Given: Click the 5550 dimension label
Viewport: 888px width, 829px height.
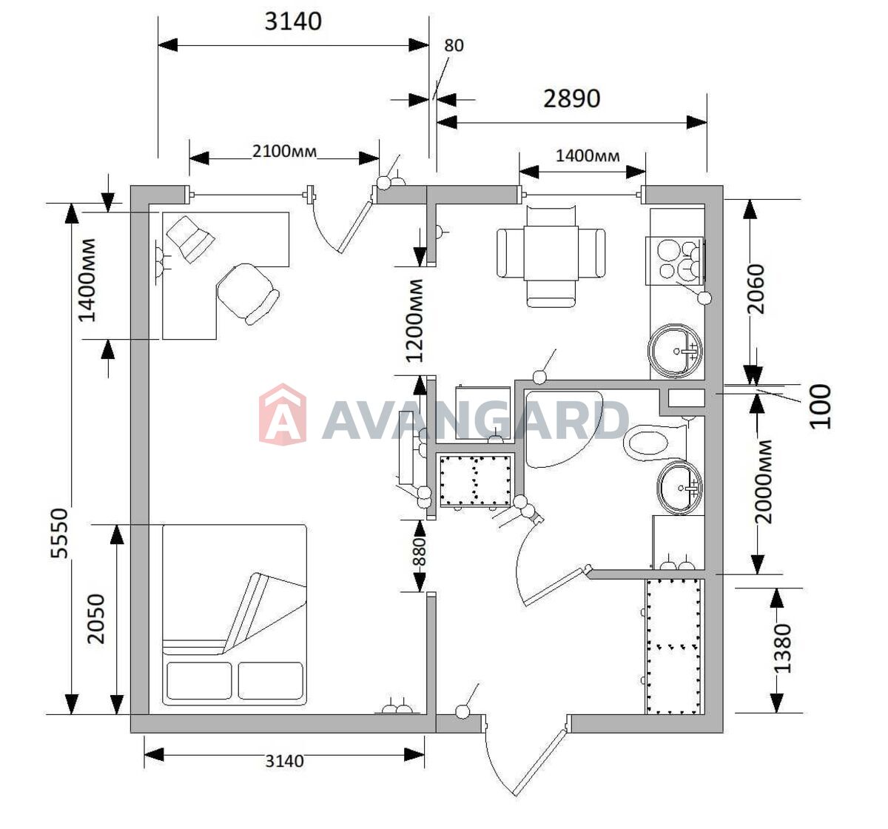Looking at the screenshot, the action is coord(59,533).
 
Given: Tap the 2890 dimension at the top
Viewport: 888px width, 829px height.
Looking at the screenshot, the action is coord(571,98).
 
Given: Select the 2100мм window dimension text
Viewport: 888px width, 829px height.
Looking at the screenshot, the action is coord(284,152).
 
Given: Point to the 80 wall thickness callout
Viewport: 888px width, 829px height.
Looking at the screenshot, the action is coord(454,45).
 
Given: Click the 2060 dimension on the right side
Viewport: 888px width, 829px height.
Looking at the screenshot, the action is coord(756,289).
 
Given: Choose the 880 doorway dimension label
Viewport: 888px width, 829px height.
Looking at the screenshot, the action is coord(420,552).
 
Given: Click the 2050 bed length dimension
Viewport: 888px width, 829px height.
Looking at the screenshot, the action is coord(95,619).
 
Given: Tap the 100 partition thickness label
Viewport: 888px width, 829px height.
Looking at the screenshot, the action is coord(821,406).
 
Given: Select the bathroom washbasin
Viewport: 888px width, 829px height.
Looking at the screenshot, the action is coord(679,487).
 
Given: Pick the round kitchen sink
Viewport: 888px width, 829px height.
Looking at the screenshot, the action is coord(675,351).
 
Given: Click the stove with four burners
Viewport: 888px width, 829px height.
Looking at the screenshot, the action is coord(674,261).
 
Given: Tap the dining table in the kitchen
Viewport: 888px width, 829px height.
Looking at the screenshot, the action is coord(551,253).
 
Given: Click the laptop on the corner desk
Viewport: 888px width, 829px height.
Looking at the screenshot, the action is coord(190,239).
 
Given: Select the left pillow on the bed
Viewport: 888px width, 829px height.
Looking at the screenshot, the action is coord(199,680).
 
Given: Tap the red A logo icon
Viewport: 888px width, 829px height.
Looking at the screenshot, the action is coord(283,414).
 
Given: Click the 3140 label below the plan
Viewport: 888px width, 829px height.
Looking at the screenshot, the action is coord(284,761).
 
